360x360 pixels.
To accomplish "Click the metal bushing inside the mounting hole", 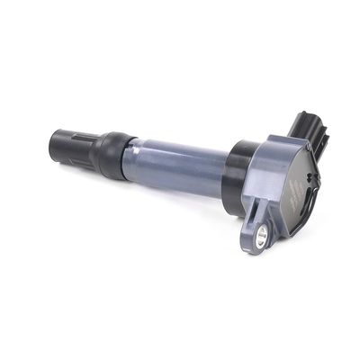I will point(261,236).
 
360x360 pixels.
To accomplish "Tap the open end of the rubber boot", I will point(54,144).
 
